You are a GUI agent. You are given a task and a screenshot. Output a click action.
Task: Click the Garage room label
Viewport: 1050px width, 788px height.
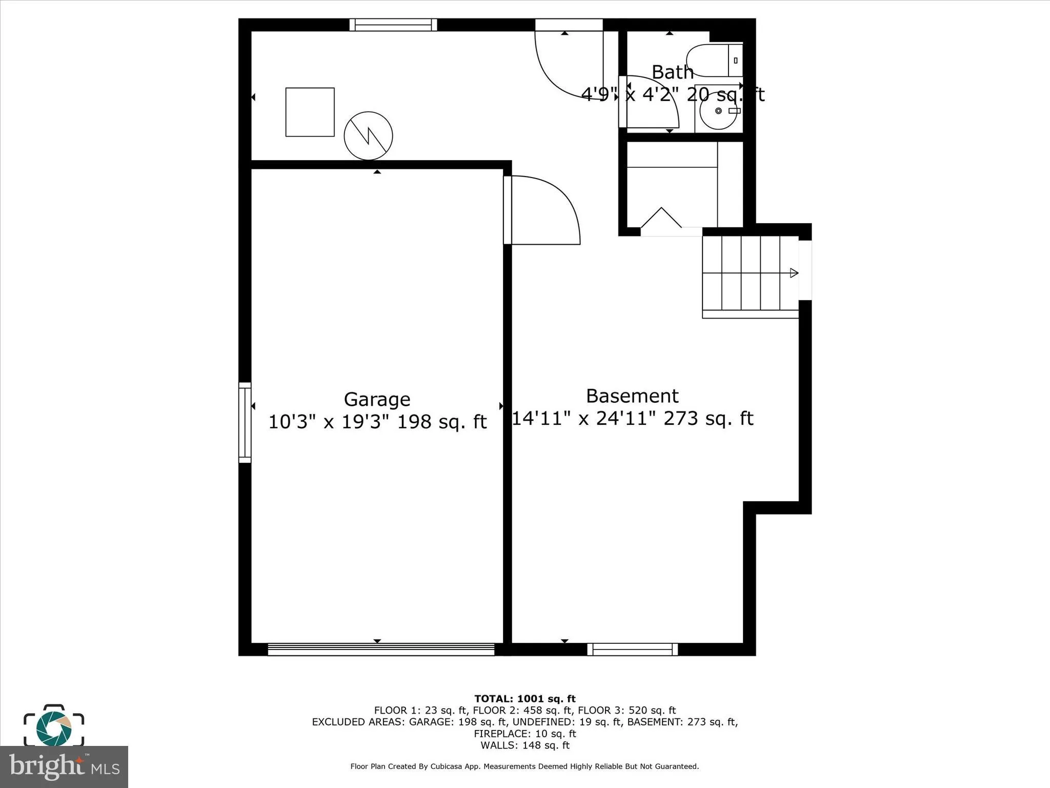[377, 399]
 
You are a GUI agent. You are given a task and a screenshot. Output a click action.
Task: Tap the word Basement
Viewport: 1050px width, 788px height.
[632, 396]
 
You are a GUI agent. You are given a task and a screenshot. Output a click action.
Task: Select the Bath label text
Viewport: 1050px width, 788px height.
[672, 72]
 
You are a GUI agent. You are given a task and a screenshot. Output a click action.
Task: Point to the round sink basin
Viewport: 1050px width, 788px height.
[718, 111]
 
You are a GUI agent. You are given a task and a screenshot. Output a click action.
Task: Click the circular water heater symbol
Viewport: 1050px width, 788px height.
[368, 136]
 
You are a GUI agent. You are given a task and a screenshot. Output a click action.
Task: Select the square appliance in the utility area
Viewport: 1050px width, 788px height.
[310, 112]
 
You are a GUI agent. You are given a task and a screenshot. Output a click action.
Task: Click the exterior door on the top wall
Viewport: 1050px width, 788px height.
[569, 25]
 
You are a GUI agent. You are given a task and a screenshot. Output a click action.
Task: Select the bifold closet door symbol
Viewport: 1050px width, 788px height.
[661, 219]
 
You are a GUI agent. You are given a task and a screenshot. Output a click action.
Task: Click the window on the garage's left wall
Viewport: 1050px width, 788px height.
[245, 422]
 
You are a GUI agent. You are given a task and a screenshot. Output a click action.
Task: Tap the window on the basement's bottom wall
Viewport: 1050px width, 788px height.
[632, 649]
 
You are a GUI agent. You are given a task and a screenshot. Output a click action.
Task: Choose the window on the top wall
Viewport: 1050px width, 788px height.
[393, 25]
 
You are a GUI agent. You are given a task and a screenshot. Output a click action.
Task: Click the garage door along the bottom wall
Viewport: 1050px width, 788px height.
[381, 649]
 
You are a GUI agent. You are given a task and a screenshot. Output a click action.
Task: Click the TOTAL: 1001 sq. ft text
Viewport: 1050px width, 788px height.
[524, 699]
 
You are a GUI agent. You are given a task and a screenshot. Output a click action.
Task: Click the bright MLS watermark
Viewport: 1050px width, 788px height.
[64, 766]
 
